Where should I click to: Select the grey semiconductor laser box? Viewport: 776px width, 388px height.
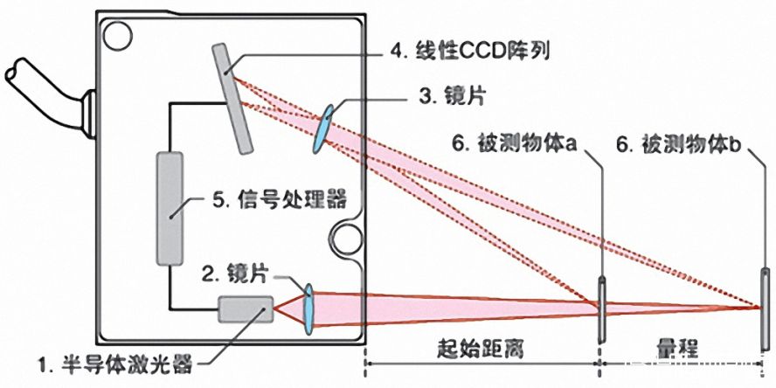tap(246, 309)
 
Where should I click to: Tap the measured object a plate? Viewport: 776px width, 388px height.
tap(601, 310)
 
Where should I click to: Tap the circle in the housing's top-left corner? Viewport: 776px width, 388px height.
tap(117, 35)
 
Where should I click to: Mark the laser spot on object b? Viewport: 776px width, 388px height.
tap(759, 306)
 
